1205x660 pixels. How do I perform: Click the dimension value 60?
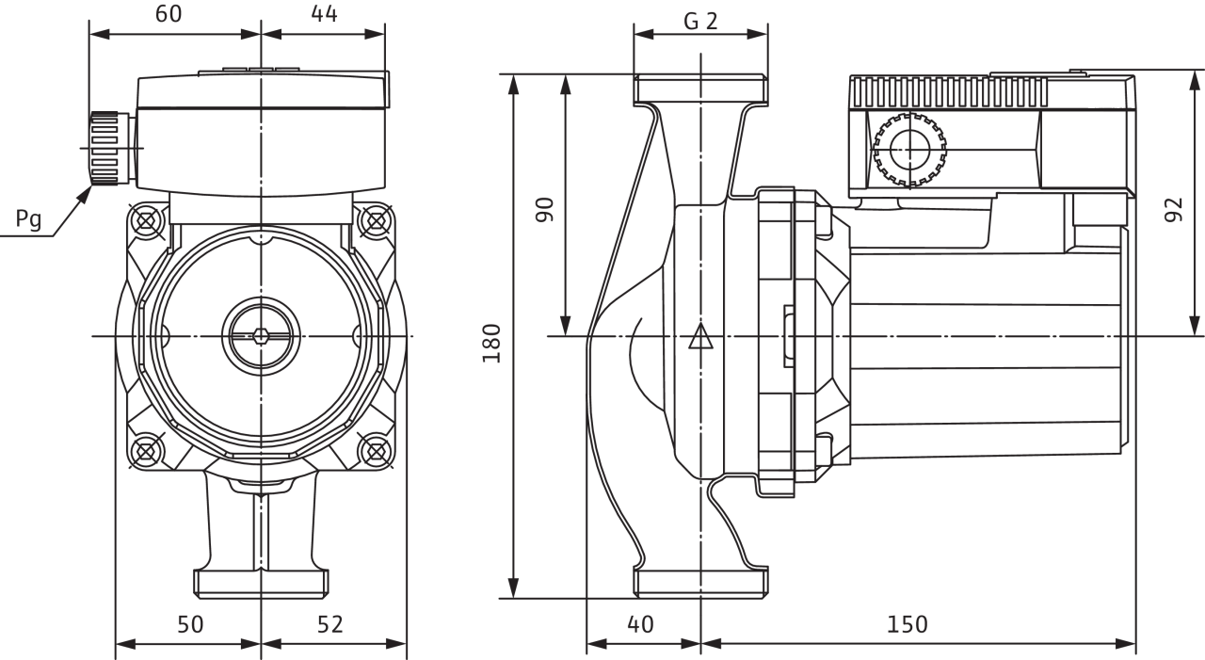coord(169,14)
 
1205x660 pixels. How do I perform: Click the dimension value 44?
coord(325,14)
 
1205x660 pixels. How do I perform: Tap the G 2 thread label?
coord(700,22)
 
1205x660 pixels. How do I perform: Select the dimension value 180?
coord(491,343)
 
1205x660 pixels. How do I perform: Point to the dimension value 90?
coord(544,210)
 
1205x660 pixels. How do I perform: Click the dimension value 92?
coord(1174,210)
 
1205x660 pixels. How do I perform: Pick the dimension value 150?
coord(907,624)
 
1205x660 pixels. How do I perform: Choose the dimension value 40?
coord(640,624)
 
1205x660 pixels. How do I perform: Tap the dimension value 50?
coord(190,624)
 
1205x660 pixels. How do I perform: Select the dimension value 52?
coord(329,624)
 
